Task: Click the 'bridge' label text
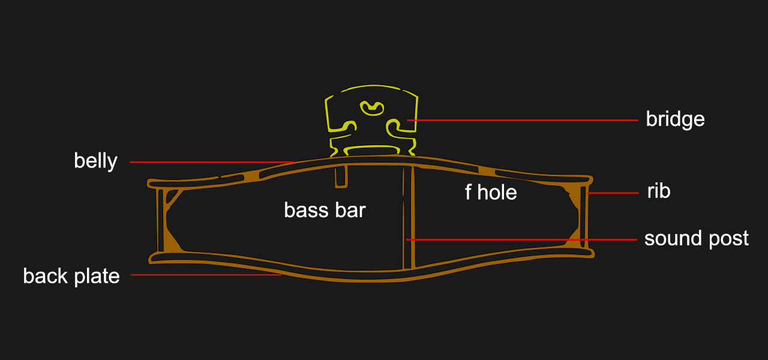tap(675, 119)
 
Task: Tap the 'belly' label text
tap(95, 161)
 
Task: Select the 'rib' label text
tap(659, 191)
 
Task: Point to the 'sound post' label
tap(697, 239)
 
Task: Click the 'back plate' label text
tap(71, 277)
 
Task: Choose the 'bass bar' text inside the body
tap(325, 210)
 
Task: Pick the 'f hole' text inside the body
tap(491, 192)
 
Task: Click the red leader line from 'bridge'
tap(523, 121)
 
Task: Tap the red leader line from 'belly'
tap(212, 162)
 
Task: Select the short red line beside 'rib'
tap(613, 193)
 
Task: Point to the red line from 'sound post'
tap(521, 239)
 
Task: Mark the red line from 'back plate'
tap(206, 275)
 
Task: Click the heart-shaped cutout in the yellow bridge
tap(371, 108)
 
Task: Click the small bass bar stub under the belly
tap(341, 176)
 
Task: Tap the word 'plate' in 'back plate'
tap(97, 277)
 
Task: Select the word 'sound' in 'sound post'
tap(673, 239)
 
